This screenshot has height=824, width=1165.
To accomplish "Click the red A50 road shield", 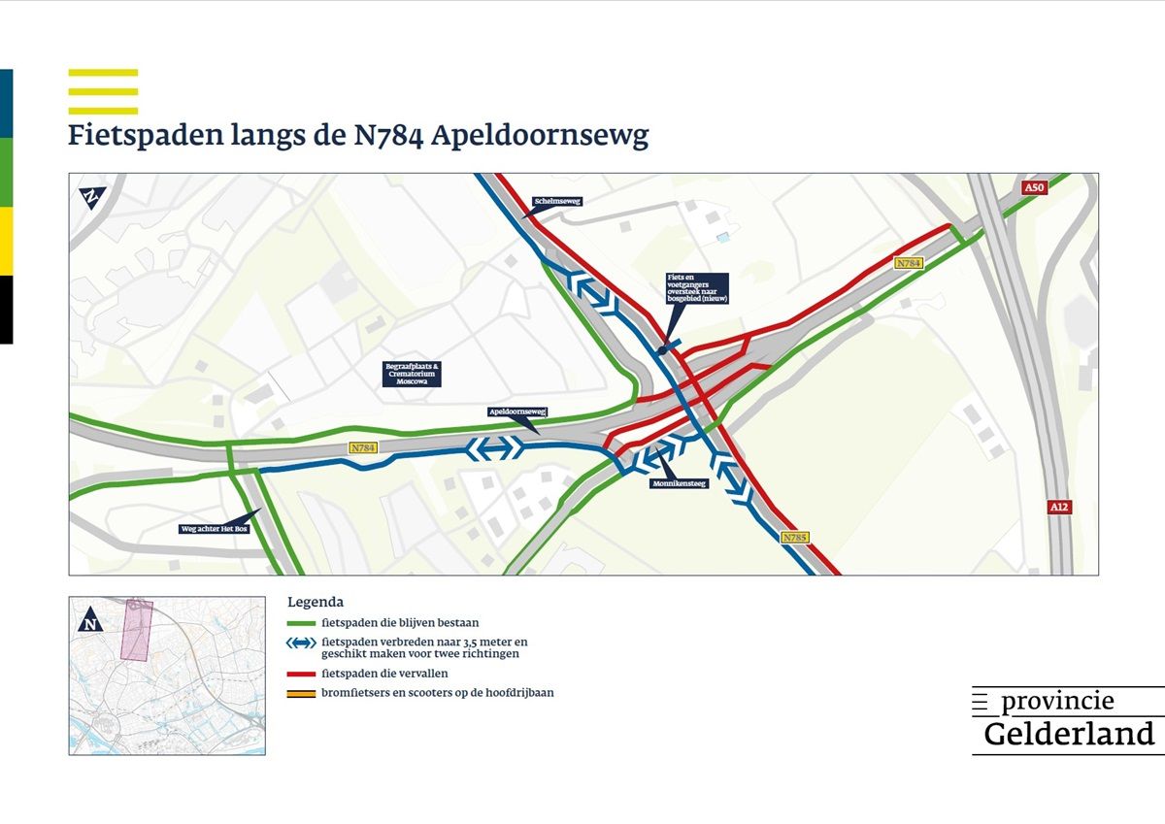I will (1035, 187).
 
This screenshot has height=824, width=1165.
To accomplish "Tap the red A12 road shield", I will (1059, 507).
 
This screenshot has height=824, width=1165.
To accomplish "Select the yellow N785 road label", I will (794, 537).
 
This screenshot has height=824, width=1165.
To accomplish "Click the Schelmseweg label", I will (556, 202).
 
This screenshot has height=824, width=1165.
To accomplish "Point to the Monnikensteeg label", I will (679, 482).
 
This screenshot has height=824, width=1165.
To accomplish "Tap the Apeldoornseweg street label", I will (517, 412).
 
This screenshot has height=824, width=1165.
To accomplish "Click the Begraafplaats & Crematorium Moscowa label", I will (412, 374).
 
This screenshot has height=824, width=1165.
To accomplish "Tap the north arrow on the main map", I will (90, 197).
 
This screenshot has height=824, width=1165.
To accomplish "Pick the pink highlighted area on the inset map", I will (137, 630).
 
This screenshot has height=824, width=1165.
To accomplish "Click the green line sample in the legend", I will (302, 623).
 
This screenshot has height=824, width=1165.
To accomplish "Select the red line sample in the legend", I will (302, 674).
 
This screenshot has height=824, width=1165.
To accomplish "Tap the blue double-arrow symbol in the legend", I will (302, 643).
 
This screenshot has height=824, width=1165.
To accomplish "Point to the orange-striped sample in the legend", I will (302, 693).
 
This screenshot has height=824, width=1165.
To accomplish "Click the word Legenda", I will (316, 602).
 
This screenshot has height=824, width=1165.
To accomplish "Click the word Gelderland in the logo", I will (1069, 734).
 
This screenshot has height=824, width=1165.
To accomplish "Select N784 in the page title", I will (383, 136).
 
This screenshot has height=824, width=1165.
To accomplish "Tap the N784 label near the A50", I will (909, 263).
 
